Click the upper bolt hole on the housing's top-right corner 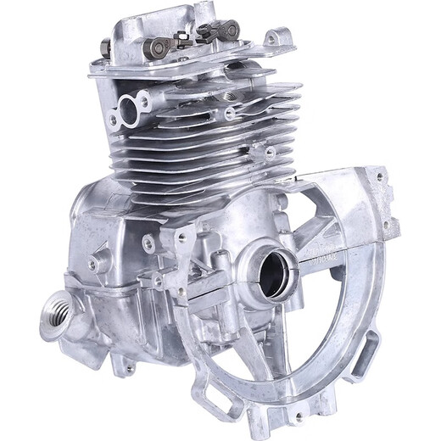coord(378,179)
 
